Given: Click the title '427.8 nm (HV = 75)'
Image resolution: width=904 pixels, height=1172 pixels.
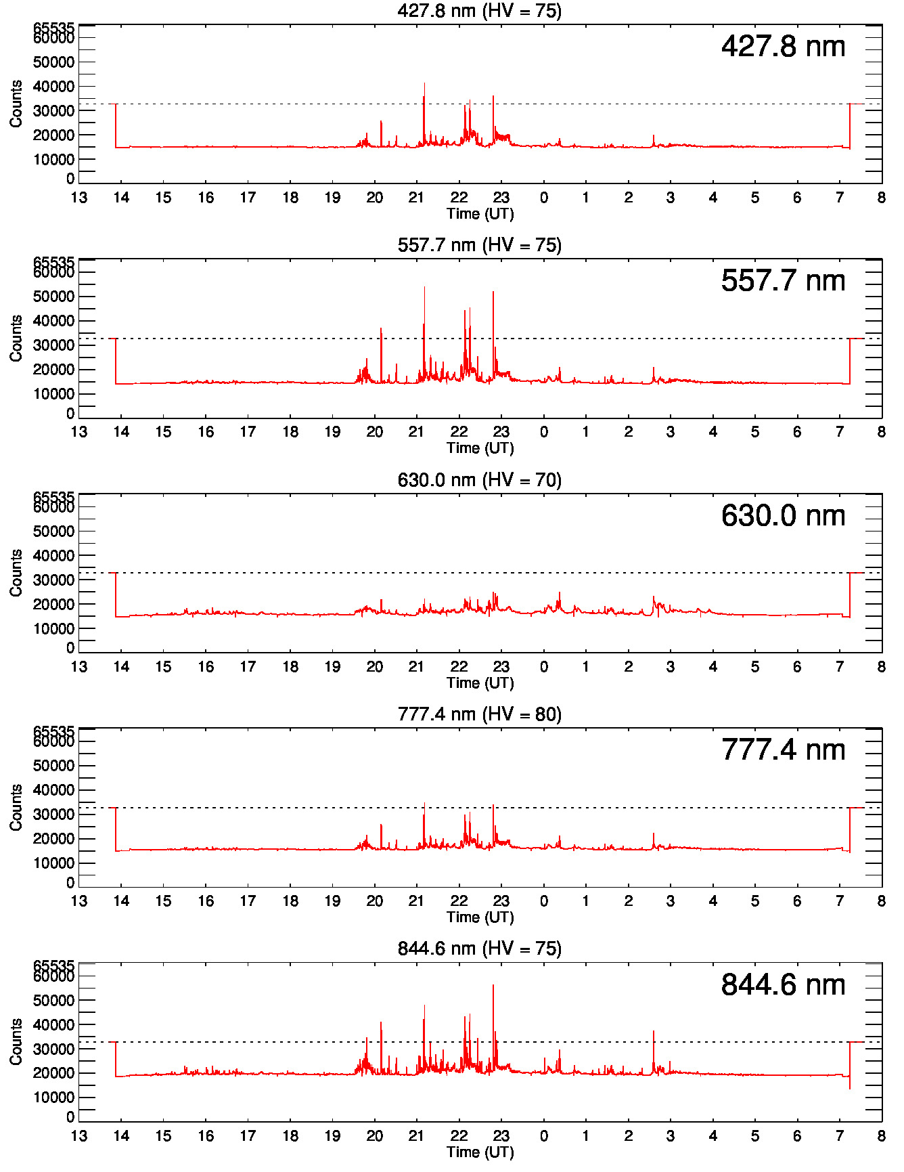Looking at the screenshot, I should click(x=479, y=10).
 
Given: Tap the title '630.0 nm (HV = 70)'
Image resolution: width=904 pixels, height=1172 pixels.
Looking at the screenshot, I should click(x=479, y=480).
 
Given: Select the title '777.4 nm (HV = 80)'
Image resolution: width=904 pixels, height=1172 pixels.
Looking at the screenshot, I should click(x=479, y=714).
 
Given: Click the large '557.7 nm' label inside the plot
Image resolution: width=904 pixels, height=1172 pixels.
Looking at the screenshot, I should click(x=783, y=281).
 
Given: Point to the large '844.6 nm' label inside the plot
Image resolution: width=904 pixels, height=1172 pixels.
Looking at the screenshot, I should click(x=783, y=985).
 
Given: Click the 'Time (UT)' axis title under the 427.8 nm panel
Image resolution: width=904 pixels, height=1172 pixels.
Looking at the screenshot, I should click(x=480, y=214).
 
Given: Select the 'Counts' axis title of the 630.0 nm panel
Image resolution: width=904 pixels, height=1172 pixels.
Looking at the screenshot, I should click(x=16, y=573).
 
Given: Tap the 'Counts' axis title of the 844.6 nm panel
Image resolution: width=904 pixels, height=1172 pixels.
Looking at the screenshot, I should click(x=16, y=1042).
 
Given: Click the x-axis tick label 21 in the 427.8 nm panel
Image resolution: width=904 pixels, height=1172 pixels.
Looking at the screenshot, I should click(x=416, y=198).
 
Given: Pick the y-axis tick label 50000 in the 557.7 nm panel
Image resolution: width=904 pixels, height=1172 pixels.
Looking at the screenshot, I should click(x=53, y=297).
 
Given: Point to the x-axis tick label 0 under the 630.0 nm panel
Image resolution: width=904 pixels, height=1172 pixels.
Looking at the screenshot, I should click(x=543, y=667).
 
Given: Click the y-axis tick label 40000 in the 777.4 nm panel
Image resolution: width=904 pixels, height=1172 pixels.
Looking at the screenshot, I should click(x=53, y=790).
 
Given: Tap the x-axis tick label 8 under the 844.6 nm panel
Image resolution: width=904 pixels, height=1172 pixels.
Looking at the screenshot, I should click(x=881, y=1136).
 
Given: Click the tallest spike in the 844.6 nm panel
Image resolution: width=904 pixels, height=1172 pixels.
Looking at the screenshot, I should click(x=493, y=986).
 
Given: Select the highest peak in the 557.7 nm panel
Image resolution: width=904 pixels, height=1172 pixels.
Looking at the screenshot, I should click(x=424, y=288).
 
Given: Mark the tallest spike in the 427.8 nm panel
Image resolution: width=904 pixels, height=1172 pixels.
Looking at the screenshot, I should click(x=424, y=84).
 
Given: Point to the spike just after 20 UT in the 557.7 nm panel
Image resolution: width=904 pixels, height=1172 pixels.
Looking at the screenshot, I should click(x=381, y=330).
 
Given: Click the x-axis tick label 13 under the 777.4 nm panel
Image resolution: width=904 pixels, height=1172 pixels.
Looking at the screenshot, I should click(x=79, y=901).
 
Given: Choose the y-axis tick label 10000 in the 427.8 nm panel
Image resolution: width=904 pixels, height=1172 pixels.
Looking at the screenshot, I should click(x=53, y=160).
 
